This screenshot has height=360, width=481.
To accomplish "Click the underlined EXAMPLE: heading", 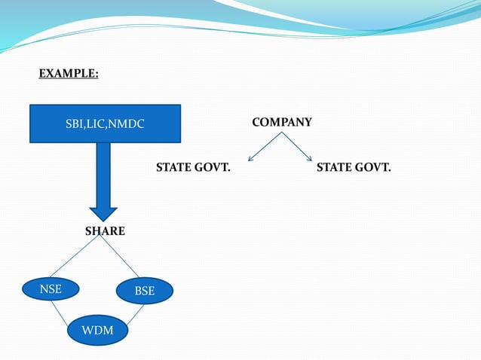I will pos(69,74).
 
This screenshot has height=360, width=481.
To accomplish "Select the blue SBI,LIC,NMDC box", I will pos(106,124).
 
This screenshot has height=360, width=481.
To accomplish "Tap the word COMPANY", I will pos(281,122).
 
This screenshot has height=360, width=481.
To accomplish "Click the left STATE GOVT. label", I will pos(193,166).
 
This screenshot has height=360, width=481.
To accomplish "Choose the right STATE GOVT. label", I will pos(354,166).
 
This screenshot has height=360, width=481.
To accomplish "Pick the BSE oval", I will pos(144,291).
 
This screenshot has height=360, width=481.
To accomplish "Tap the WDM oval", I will pos(98,330).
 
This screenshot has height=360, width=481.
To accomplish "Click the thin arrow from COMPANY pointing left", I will pos(265,146).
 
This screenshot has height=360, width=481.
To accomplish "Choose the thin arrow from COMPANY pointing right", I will pos(298,146).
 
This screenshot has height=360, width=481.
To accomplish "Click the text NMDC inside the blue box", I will pos(127,124).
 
